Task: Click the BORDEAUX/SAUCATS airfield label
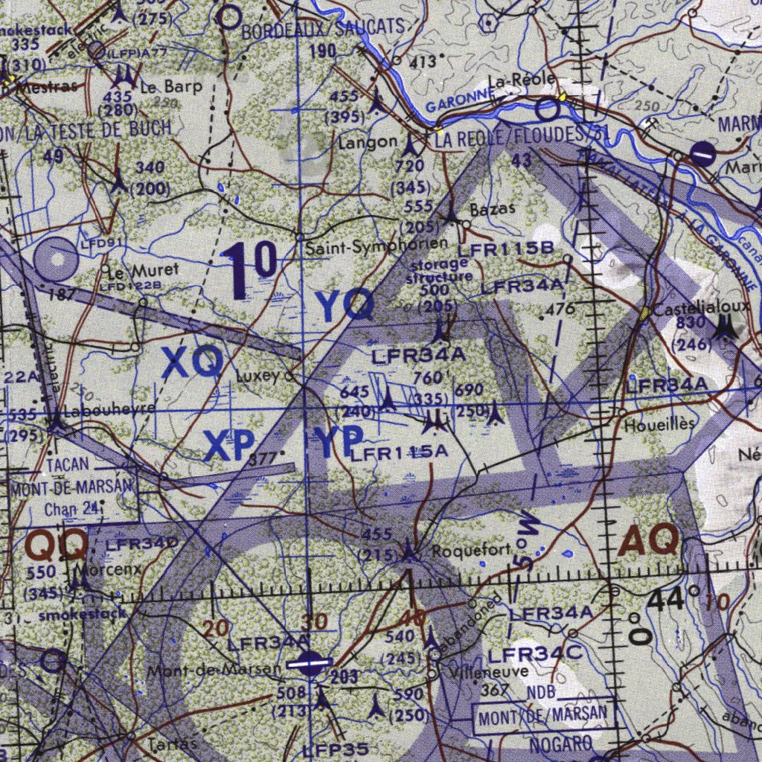324,28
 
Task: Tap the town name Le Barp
172,86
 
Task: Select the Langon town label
368,142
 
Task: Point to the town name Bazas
493,209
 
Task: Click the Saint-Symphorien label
377,244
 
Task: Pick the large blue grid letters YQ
345,306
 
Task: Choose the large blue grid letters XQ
193,363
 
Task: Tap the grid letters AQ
648,540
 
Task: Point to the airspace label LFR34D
141,544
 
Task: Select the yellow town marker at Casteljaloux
645,313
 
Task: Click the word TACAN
67,464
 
